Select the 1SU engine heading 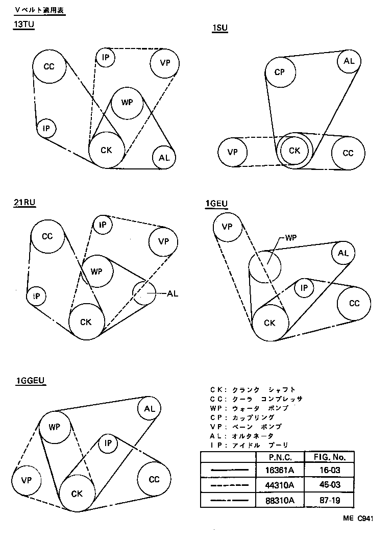click(x=219, y=29)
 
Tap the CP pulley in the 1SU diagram click(x=279, y=72)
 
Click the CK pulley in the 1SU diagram click(x=295, y=151)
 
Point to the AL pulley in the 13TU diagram click(x=164, y=158)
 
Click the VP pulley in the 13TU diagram click(x=165, y=63)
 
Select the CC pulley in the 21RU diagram click(x=47, y=236)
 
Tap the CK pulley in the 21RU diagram click(x=86, y=322)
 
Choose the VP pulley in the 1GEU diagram click(x=228, y=227)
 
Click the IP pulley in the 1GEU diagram click(x=304, y=288)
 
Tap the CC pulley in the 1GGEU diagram click(x=154, y=479)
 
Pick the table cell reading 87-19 click(x=329, y=501)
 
